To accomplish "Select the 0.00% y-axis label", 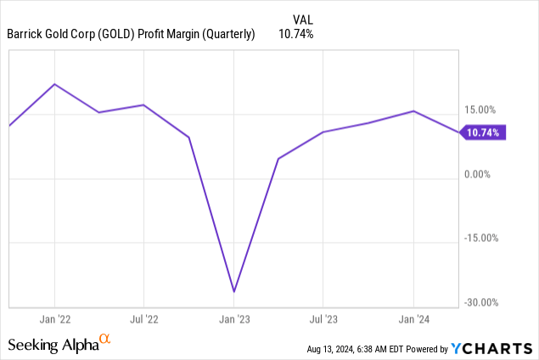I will point(480,174).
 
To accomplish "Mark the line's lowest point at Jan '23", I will point(233,292).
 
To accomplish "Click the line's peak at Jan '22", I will point(55,84).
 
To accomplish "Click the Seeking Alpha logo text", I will point(52,345).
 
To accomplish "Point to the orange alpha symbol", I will point(105,340).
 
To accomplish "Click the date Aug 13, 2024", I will point(335,349).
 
